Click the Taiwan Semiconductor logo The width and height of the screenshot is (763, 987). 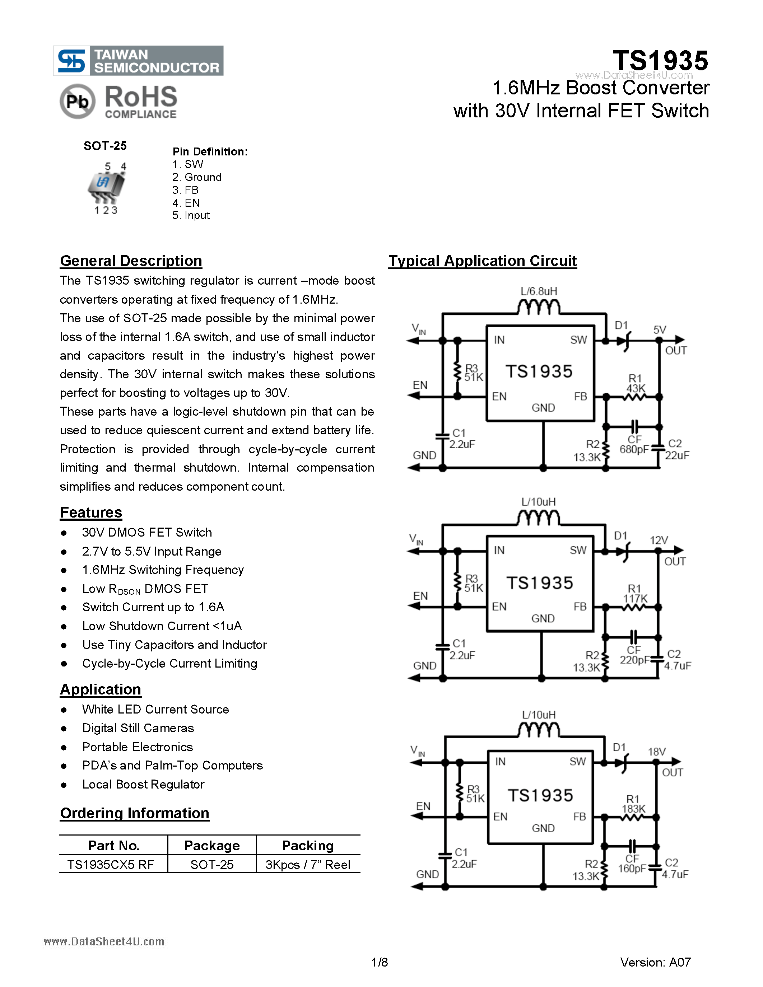point(138,61)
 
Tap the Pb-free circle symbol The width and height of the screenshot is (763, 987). point(77,101)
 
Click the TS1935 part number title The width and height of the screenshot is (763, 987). point(660,61)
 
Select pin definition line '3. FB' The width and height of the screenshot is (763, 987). point(185,190)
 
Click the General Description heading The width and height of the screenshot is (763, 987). point(131,261)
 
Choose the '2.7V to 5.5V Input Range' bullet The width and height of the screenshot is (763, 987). point(152,551)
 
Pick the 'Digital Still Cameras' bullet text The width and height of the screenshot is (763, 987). point(138,728)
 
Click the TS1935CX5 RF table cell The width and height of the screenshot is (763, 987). point(111,865)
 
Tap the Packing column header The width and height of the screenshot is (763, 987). point(308,846)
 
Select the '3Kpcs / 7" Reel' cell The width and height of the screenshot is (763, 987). point(308,865)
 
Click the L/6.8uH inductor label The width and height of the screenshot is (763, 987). point(539,291)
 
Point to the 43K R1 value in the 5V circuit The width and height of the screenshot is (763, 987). point(636,389)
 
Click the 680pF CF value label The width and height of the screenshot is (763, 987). point(634,449)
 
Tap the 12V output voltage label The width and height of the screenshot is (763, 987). point(659,541)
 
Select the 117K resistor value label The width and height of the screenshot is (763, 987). point(635,599)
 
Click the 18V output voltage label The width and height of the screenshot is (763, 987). point(657,752)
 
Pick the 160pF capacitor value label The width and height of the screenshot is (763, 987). point(632,869)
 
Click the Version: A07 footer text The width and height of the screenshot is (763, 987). point(655,962)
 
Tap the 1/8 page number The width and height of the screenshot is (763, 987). point(379,962)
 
